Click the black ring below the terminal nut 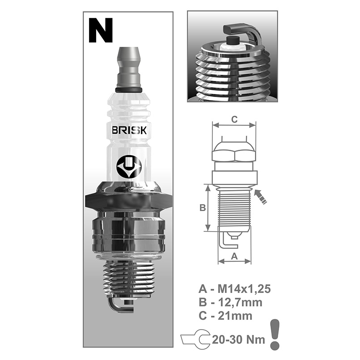tap(129, 90)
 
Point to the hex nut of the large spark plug tap(129, 201)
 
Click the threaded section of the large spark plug tap(129, 280)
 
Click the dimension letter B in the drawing tap(202, 208)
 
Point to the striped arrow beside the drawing tap(260, 197)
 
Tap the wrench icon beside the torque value tap(195, 339)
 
